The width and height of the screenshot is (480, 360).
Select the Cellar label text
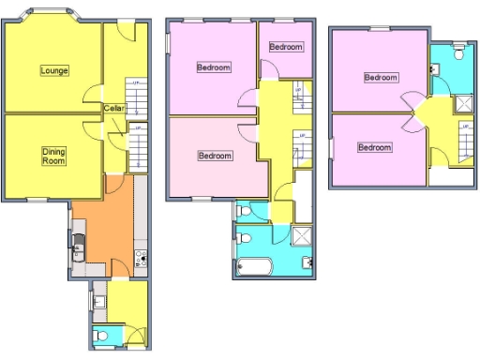[x=115, y=108]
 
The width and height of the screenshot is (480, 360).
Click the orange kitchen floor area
[x=103, y=234]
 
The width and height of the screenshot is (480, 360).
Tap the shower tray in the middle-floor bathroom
[x=303, y=235]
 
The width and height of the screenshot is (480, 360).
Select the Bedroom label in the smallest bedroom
[x=286, y=47]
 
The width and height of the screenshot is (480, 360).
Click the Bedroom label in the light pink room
[x=215, y=156]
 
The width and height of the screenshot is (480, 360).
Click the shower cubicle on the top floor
[x=464, y=105]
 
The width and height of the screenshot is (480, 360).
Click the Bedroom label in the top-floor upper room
[x=381, y=77]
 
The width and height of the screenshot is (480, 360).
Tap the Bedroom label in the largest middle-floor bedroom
[x=215, y=67]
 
